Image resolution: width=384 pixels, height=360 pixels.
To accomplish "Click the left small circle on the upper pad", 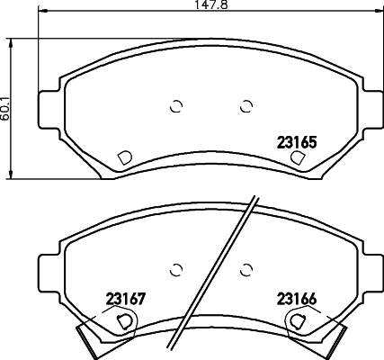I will pyautogui.click(x=176, y=106).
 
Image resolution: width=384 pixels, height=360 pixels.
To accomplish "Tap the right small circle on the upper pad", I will pyautogui.click(x=246, y=106).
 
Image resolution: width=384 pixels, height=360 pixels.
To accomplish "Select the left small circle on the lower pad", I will pyautogui.click(x=176, y=267).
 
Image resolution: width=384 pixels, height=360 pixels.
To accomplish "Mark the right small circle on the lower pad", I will pyautogui.click(x=246, y=267).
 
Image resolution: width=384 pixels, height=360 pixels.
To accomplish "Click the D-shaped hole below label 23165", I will pyautogui.click(x=298, y=157).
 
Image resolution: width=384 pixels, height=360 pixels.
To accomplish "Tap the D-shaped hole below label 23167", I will pyautogui.click(x=126, y=319).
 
